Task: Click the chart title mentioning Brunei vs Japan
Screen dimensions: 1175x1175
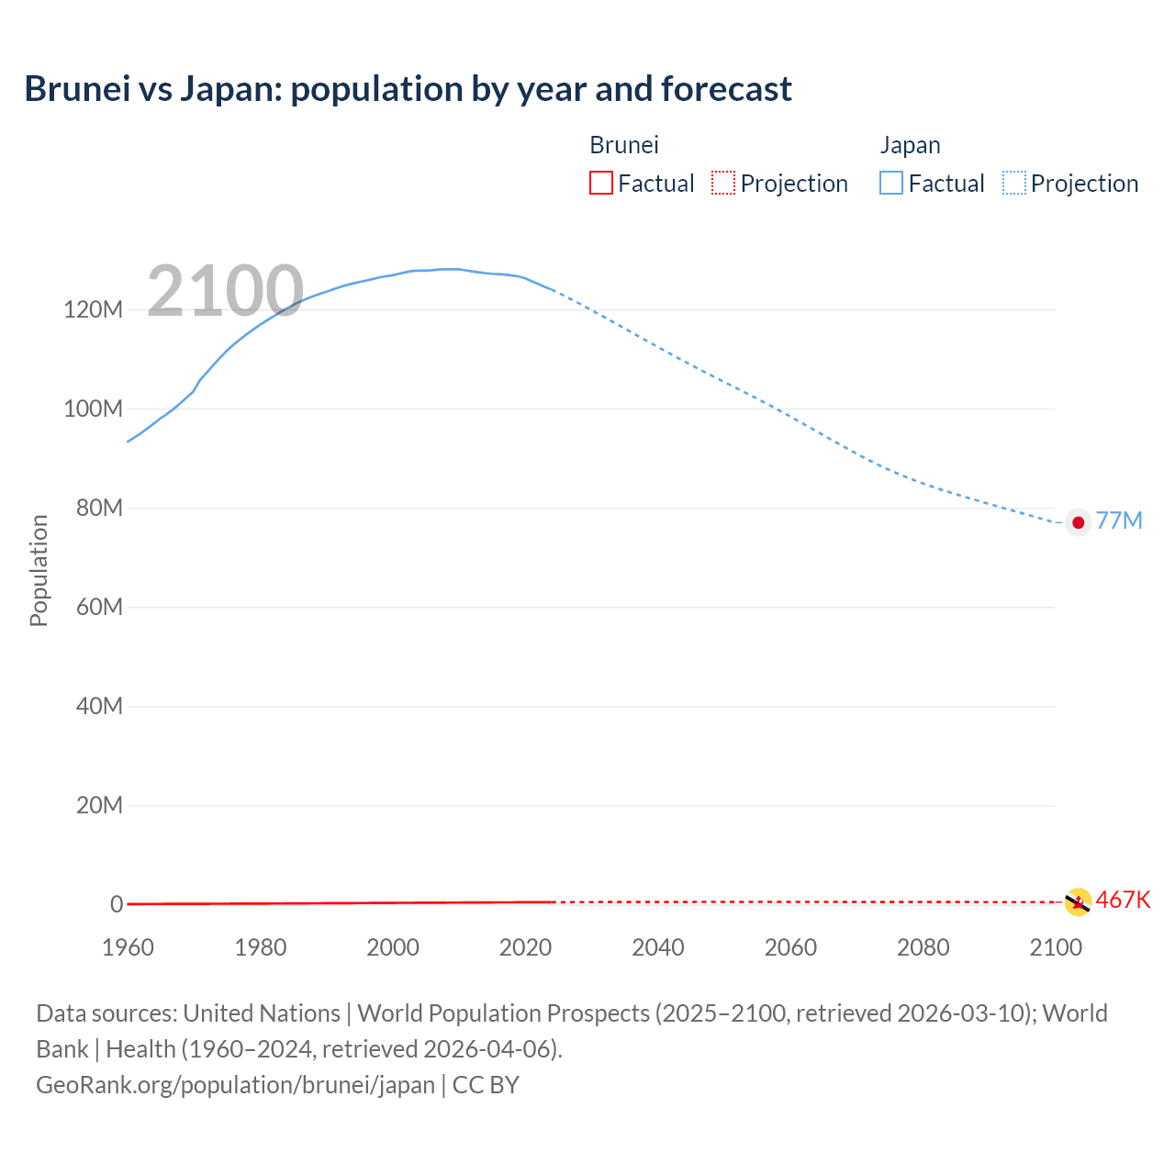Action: (x=408, y=89)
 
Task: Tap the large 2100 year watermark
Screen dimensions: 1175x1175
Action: (x=225, y=291)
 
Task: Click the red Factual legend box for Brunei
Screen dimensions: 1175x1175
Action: (x=600, y=183)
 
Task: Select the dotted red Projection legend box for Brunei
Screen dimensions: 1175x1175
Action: (x=723, y=183)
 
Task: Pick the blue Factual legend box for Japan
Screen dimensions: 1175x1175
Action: (x=890, y=183)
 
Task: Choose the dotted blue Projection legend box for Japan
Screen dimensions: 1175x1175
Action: (x=1014, y=183)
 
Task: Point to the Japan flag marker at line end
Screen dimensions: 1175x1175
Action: (x=1078, y=522)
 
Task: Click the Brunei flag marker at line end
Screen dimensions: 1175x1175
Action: (x=1077, y=902)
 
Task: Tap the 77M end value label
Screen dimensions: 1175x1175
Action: (x=1119, y=521)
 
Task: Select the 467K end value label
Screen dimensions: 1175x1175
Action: (x=1123, y=900)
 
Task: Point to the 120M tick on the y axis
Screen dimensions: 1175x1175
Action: (x=93, y=309)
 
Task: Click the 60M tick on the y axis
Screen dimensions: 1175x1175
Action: (x=98, y=607)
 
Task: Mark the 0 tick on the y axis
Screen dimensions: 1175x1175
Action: (x=117, y=904)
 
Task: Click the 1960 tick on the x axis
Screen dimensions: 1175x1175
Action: (x=128, y=947)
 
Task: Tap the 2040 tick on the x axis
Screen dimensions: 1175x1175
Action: (x=658, y=947)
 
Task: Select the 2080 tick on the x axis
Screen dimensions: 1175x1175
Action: (x=923, y=947)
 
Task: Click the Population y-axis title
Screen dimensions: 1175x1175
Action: (x=39, y=570)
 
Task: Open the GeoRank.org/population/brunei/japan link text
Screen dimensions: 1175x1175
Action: (x=235, y=1085)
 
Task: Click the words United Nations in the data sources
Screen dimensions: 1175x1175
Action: (x=262, y=1013)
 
